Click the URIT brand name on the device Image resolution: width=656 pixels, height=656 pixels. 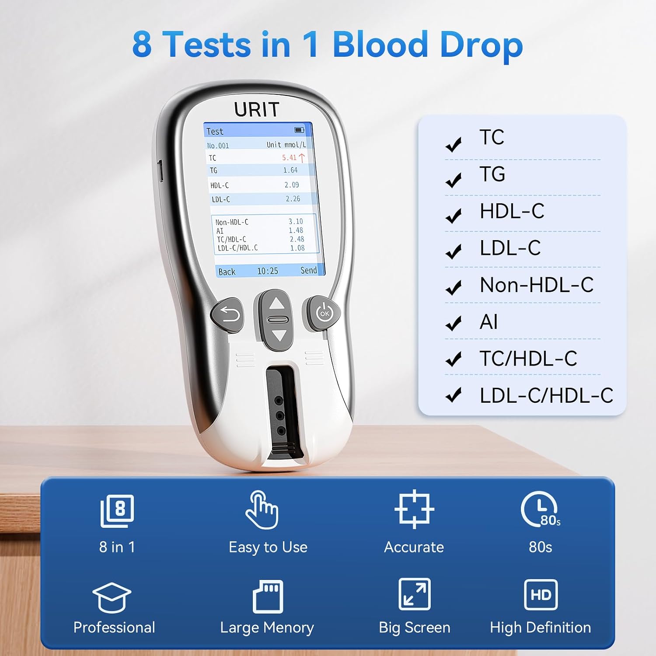pyautogui.click(x=257, y=109)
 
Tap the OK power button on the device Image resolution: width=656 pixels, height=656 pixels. pyautogui.click(x=324, y=313)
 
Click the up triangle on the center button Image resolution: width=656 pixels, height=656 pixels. pyautogui.click(x=276, y=303)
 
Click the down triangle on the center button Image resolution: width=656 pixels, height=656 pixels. pyautogui.click(x=279, y=336)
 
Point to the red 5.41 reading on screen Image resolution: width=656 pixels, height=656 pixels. pyautogui.click(x=289, y=157)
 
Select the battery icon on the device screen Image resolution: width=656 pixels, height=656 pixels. pyautogui.click(x=299, y=130)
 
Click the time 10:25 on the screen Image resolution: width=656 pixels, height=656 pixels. pyautogui.click(x=268, y=271)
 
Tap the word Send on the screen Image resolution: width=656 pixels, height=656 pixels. pyautogui.click(x=309, y=270)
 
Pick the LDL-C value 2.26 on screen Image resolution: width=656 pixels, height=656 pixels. pyautogui.click(x=293, y=199)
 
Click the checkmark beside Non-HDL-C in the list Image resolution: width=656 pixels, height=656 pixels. pyautogui.click(x=454, y=287)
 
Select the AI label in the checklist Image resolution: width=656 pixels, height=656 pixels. pyautogui.click(x=489, y=322)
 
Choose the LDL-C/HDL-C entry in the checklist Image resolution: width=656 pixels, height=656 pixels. pyautogui.click(x=546, y=395)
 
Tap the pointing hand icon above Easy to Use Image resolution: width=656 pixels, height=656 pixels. pyautogui.click(x=262, y=509)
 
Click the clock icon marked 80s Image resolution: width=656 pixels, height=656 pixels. pyautogui.click(x=541, y=509)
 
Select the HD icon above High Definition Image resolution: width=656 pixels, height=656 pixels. pyautogui.click(x=541, y=595)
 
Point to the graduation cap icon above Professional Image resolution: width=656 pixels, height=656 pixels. pyautogui.click(x=112, y=597)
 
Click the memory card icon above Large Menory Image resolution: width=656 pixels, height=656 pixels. pyautogui.click(x=268, y=597)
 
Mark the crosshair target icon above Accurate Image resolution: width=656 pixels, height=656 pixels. pyautogui.click(x=414, y=509)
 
